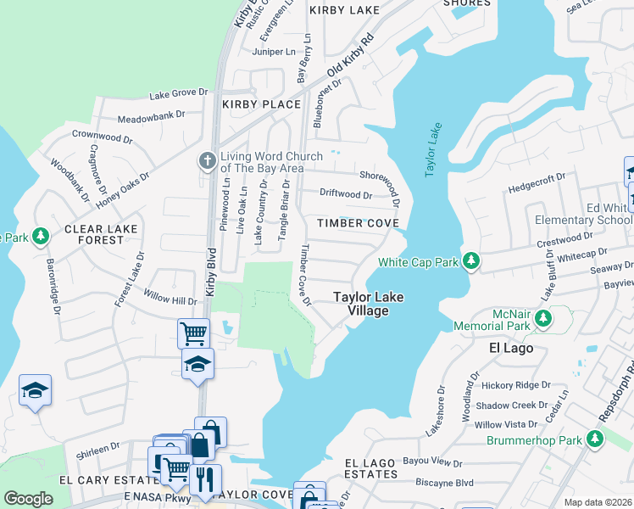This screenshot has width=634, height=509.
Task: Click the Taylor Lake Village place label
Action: click(367, 304)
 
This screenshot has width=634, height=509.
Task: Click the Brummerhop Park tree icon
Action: click(595, 439)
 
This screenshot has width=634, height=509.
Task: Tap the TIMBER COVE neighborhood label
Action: click(357, 223)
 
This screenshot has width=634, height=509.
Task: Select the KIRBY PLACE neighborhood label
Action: click(261, 104)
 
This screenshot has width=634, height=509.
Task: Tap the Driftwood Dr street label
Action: click(346, 194)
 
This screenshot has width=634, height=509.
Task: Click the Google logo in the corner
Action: click(28, 499)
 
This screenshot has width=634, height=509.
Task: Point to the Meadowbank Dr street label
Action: click(151, 115)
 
